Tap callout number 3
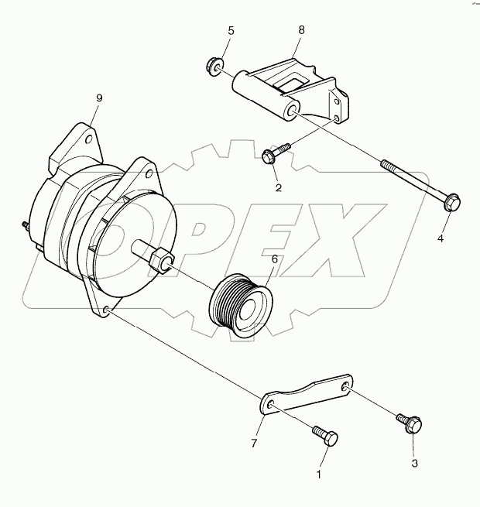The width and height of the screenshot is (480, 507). pyautogui.click(x=414, y=464)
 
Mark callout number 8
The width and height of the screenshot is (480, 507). pyautogui.click(x=301, y=30)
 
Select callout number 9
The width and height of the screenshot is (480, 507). pyautogui.click(x=99, y=98)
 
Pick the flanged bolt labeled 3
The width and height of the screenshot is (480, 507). pyautogui.click(x=410, y=423)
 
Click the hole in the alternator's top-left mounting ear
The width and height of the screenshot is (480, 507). pyautogui.click(x=89, y=139)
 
